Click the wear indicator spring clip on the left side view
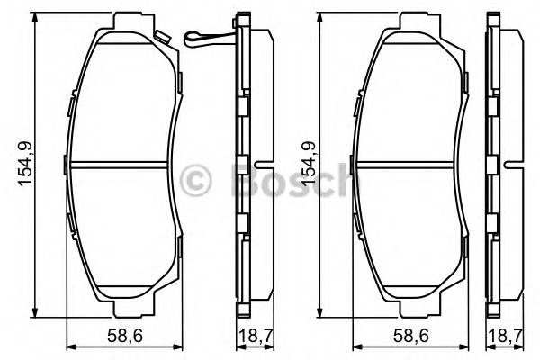tap(204, 38)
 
